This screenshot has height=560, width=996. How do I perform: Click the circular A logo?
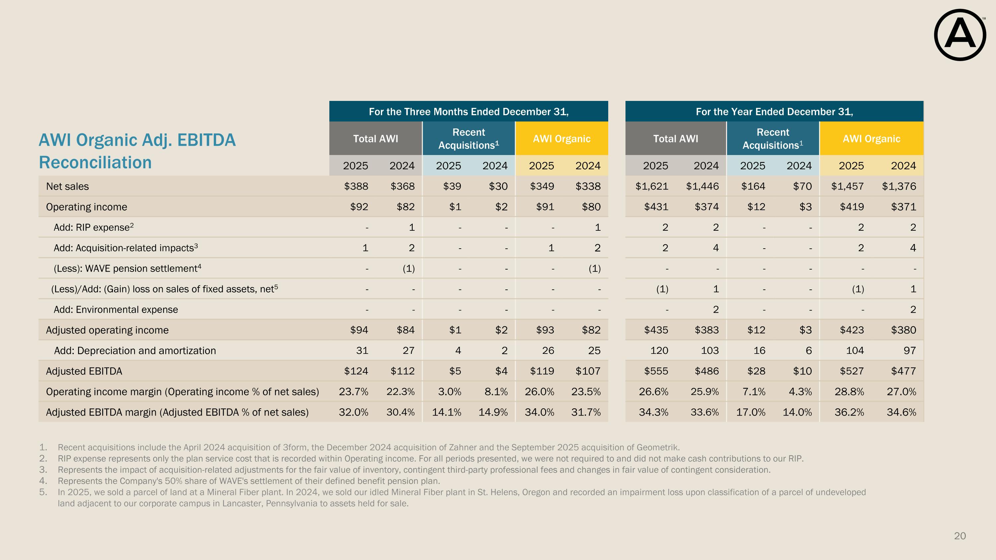click(x=960, y=35)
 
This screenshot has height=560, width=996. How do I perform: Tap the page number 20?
click(x=960, y=536)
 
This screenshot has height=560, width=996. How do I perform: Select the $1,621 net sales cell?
click(x=652, y=186)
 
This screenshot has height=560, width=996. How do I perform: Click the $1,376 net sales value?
click(x=899, y=186)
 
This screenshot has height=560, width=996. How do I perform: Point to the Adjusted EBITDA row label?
click(x=84, y=371)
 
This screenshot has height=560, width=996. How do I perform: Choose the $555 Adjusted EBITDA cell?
click(x=656, y=371)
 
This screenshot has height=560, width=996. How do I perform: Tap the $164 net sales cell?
click(x=753, y=186)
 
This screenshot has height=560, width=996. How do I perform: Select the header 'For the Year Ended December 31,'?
click(x=774, y=112)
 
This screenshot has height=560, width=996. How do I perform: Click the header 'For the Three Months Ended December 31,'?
click(x=468, y=112)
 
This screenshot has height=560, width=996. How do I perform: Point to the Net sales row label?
click(x=67, y=186)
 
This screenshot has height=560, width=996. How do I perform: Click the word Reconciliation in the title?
click(x=95, y=162)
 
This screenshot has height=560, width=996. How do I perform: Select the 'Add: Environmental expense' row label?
click(x=116, y=310)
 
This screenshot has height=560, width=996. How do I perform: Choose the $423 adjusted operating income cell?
click(x=852, y=330)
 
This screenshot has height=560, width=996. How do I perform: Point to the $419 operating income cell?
click(x=852, y=207)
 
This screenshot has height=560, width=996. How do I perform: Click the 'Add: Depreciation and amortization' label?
click(x=135, y=351)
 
